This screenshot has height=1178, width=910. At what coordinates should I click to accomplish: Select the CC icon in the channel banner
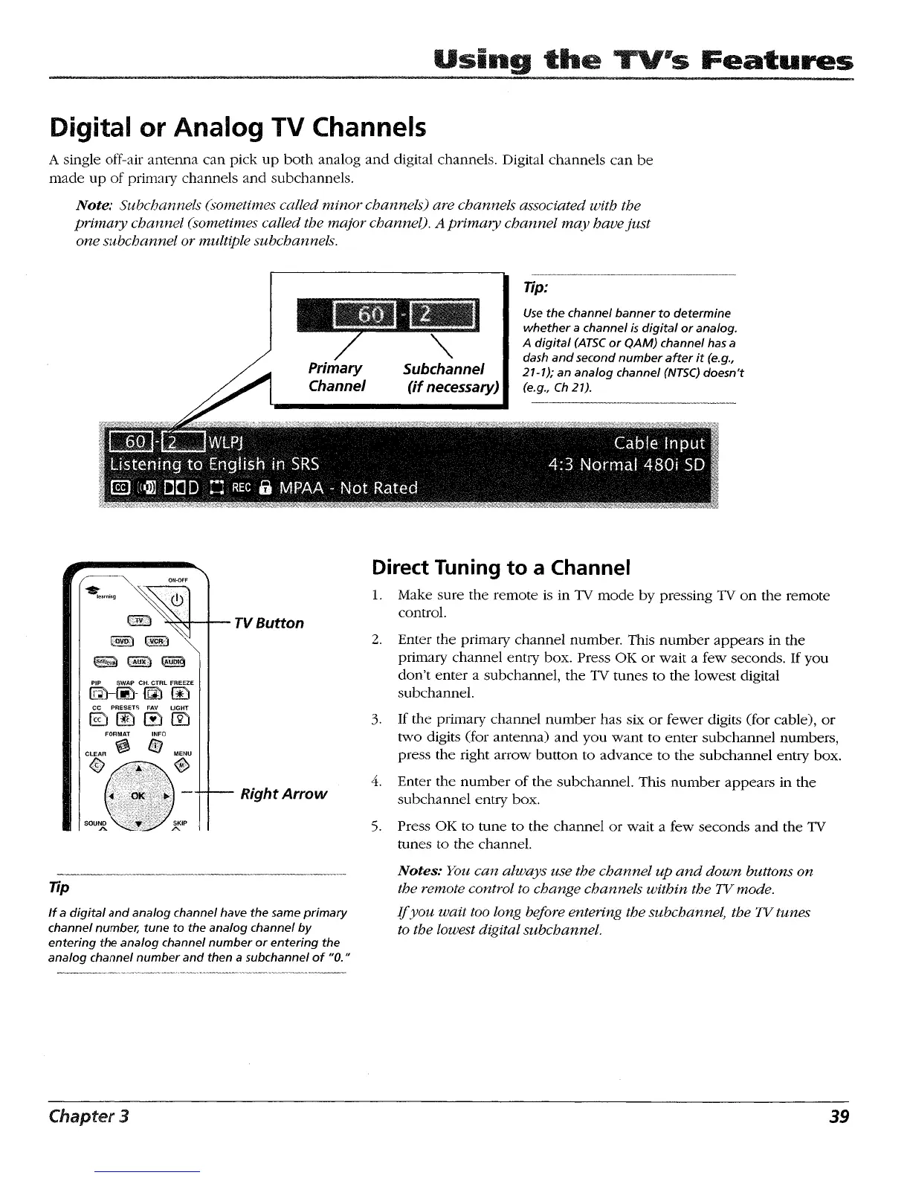pyautogui.click(x=120, y=489)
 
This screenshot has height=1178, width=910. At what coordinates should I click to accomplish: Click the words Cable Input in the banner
pyautogui.click(x=659, y=444)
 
